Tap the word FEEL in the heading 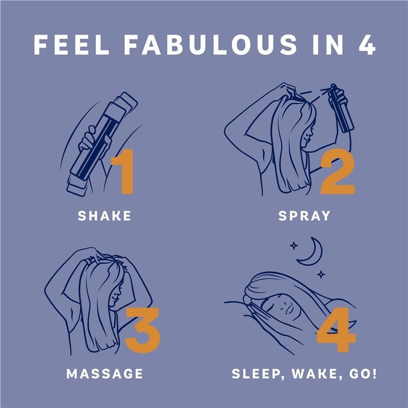pos(71,44)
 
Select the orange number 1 pos(123,171)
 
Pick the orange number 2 pos(338,172)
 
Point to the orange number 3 pos(142,330)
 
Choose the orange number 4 pos(337,329)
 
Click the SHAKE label pos(105,216)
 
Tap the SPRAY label pos(304,216)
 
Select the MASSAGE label pos(105,374)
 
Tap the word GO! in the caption pos(363,374)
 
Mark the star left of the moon pos(294,246)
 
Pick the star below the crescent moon pos(321,274)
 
